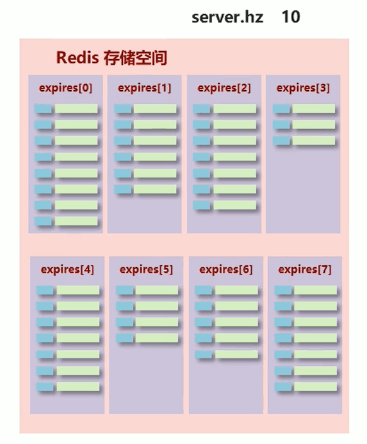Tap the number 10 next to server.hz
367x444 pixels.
pyautogui.click(x=290, y=17)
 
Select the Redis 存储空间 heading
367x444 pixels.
pyautogui.click(x=111, y=58)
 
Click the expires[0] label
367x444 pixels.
pyautogui.click(x=65, y=88)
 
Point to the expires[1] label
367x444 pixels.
pyautogui.click(x=144, y=88)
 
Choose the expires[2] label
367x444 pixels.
pyautogui.click(x=224, y=88)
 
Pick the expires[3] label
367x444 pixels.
pyautogui.click(x=303, y=88)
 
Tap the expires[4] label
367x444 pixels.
pyautogui.click(x=67, y=270)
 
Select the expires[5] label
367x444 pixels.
pyautogui.click(x=146, y=270)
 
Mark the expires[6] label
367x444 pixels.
pyautogui.click(x=226, y=270)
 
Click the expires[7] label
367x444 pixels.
pyautogui.click(x=305, y=270)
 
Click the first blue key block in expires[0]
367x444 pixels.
pyautogui.click(x=43, y=109)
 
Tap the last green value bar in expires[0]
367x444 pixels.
pyautogui.click(x=76, y=221)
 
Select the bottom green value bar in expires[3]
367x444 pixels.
pyautogui.click(x=313, y=141)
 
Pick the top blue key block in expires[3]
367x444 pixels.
pyautogui.click(x=281, y=109)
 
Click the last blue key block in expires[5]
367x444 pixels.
pyautogui.click(x=125, y=338)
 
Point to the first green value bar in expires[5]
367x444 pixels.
pyautogui.click(x=157, y=290)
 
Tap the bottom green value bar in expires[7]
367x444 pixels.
pyautogui.click(x=315, y=387)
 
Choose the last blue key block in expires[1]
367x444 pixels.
pyautogui.click(x=123, y=189)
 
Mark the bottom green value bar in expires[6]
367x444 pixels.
pyautogui.click(x=237, y=355)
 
